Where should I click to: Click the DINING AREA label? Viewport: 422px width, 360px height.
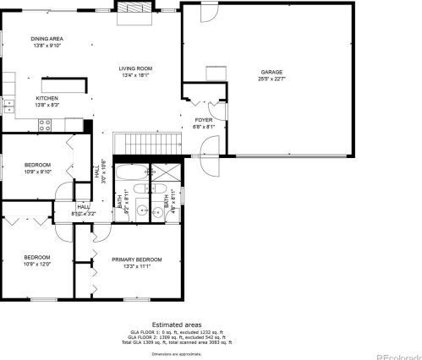click(47, 39)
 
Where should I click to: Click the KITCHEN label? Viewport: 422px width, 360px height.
click(47, 98)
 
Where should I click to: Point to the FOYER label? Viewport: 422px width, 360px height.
click(204, 120)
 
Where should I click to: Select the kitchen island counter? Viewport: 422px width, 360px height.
click(66, 85)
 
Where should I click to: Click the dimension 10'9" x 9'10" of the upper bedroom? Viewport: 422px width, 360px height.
click(37, 172)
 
